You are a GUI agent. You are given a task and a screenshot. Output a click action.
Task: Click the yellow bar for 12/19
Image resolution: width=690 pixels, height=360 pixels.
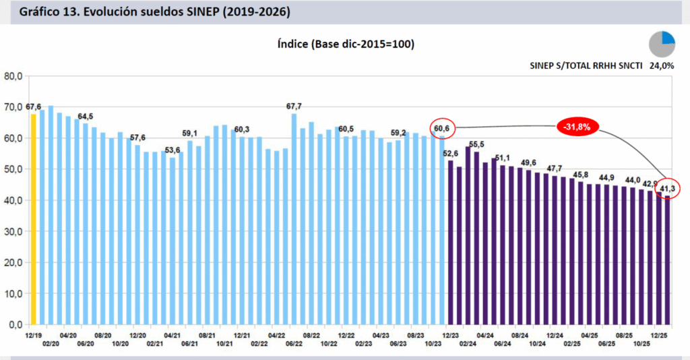point(33,218)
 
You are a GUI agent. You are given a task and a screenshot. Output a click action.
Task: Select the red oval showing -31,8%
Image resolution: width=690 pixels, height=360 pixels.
point(577,127)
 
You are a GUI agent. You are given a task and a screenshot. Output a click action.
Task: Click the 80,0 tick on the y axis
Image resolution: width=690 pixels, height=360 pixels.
point(13,76)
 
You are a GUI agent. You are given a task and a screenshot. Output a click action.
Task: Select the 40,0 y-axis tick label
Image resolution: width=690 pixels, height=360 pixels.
point(13,200)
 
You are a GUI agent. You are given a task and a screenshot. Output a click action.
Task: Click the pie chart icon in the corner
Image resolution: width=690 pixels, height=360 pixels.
point(662,44)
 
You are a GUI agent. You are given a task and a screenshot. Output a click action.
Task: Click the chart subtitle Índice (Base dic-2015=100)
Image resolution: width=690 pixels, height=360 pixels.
point(345,44)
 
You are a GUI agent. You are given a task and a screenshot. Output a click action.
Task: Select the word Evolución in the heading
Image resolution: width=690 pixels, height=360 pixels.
point(110,12)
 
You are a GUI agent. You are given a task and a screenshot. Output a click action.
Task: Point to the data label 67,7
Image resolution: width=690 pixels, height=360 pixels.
point(294,107)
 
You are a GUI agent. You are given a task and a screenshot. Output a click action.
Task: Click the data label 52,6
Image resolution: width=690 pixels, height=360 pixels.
point(450,153)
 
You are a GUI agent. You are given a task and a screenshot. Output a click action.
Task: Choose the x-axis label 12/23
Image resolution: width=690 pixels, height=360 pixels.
point(450,335)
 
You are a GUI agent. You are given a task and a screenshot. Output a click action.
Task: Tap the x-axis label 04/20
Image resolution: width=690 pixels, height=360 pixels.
point(67,335)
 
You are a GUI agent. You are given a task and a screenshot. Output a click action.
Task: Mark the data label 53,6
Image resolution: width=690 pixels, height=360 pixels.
point(172,150)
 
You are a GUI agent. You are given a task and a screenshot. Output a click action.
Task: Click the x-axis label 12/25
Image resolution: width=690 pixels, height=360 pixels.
point(660,335)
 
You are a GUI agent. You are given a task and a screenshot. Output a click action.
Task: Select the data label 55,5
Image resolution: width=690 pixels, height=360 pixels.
point(476,144)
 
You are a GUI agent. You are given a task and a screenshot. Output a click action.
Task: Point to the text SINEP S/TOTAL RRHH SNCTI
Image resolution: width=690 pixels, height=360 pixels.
point(583,66)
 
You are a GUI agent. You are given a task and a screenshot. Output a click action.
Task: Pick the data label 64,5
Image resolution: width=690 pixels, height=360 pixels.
point(86,117)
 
